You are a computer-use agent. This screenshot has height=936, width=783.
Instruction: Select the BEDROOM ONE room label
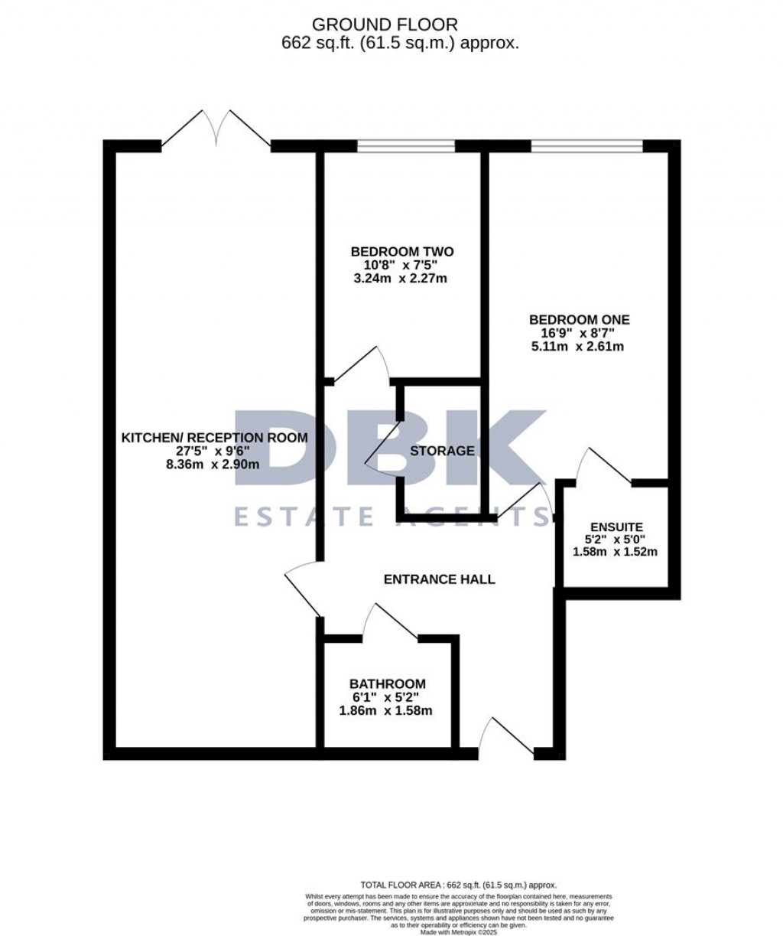[580, 320]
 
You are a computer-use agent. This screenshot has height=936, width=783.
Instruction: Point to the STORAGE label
[442, 451]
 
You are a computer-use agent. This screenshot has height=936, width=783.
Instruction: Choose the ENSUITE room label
[616, 527]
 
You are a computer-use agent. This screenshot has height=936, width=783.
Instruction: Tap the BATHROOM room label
[387, 683]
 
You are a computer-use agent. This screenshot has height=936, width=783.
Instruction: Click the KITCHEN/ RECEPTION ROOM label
[214, 438]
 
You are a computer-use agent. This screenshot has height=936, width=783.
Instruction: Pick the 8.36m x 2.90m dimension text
[214, 465]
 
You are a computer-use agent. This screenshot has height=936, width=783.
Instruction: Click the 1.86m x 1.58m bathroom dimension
[386, 710]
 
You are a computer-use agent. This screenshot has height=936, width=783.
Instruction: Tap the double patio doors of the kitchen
[216, 129]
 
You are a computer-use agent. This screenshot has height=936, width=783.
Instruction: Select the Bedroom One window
[586, 144]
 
